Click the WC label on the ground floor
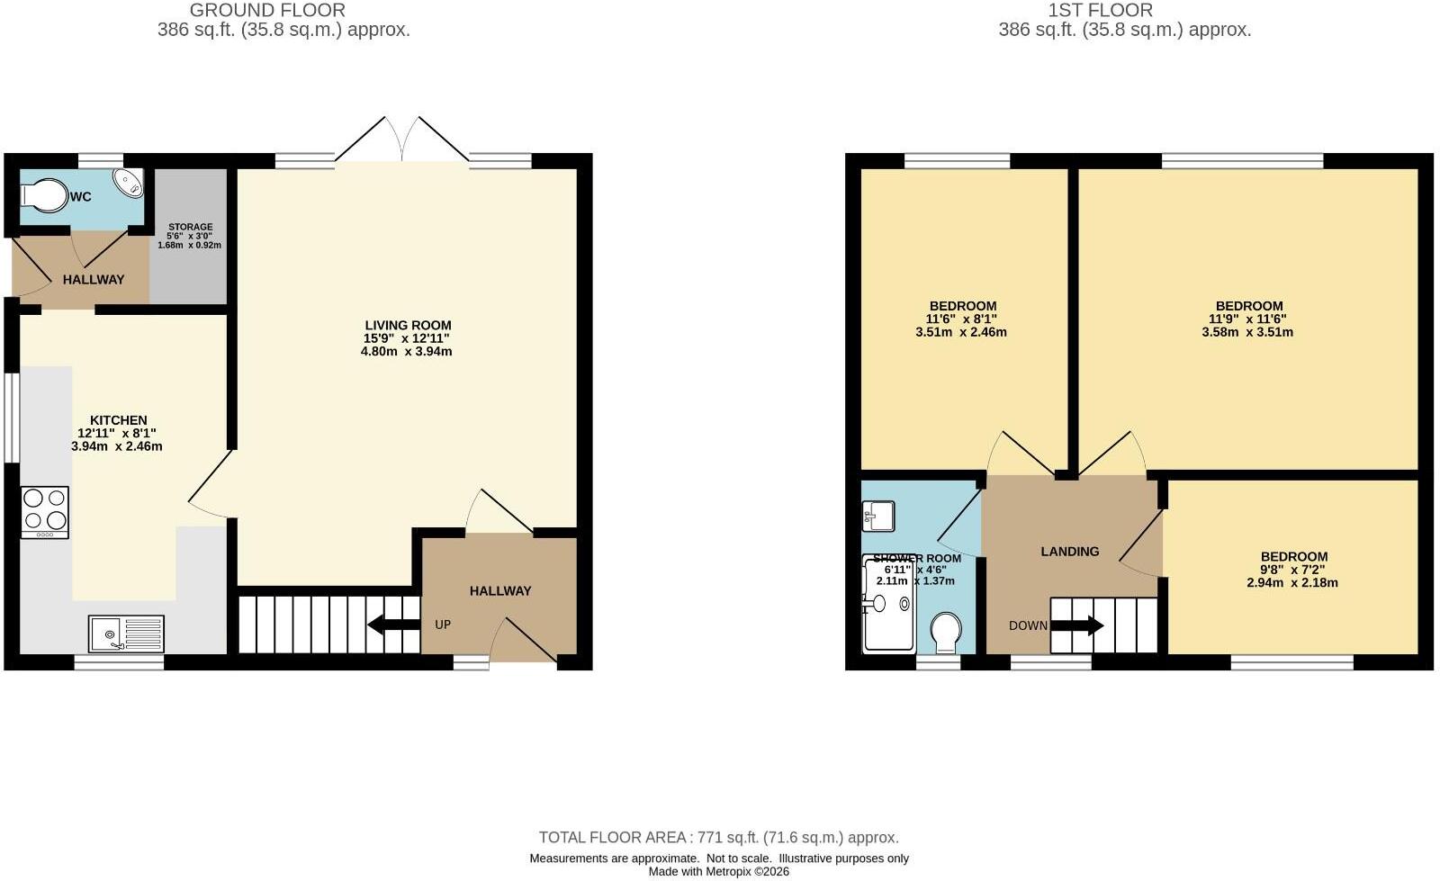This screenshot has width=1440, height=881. click(80, 197)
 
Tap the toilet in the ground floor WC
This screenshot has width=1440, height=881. click(44, 195)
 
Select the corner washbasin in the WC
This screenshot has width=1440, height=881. click(129, 182)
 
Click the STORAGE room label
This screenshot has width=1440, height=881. click(190, 227)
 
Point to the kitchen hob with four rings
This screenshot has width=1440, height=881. click(45, 512)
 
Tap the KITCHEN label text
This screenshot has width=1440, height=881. click(118, 420)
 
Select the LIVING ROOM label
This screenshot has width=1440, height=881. click(409, 325)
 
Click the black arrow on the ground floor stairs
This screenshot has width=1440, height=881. click(393, 625)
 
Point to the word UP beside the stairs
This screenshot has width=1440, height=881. click(443, 625)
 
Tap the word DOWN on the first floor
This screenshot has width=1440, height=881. click(1028, 626)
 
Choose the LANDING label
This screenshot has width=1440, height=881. click(1070, 552)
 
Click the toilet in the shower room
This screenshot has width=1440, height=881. click(946, 633)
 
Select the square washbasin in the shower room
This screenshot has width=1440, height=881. click(878, 516)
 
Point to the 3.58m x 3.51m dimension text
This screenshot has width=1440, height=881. click(1247, 332)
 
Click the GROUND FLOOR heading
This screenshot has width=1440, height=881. click(267, 10)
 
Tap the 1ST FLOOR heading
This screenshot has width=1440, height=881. click(1101, 10)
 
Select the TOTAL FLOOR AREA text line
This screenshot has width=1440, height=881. click(719, 837)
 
